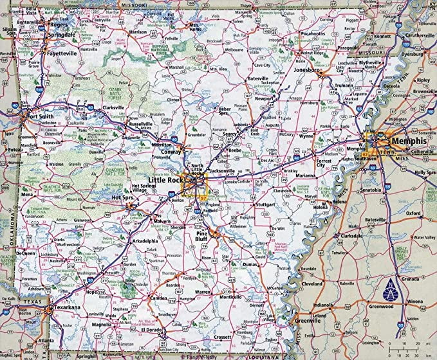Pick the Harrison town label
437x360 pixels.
coord(137,32)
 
